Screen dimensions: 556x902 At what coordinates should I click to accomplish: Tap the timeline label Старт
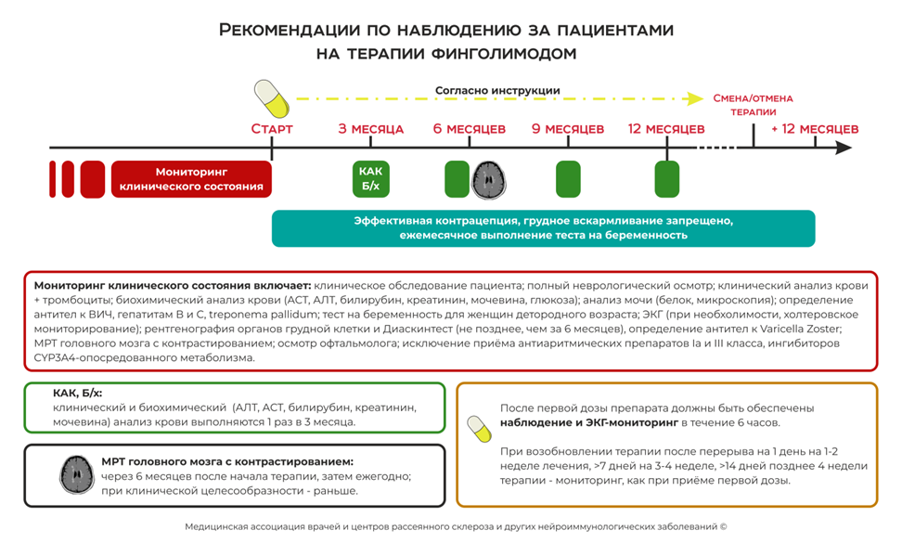(272, 129)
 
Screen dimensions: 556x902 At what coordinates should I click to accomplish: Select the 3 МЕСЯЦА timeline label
(370, 129)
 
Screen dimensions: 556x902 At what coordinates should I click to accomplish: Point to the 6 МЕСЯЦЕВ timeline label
(470, 129)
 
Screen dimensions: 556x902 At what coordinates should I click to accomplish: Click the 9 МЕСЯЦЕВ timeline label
(568, 129)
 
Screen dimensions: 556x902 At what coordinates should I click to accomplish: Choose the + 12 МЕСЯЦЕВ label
(814, 129)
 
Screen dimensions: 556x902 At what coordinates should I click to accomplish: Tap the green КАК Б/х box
(370, 179)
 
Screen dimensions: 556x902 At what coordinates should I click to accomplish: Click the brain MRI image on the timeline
(491, 179)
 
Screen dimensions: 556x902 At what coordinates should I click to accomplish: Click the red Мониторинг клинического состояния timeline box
(191, 179)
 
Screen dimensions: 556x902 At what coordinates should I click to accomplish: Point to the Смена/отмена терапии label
(753, 104)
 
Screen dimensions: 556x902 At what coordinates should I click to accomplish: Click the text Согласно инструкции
(497, 91)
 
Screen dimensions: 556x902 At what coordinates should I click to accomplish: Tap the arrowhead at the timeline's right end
(844, 148)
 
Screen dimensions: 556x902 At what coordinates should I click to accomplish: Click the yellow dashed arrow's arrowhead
(694, 98)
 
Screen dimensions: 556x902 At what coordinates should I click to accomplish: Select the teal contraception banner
(543, 228)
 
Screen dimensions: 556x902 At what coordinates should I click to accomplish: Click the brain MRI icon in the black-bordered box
(75, 474)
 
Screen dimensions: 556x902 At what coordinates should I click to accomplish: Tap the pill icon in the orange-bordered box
(479, 429)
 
